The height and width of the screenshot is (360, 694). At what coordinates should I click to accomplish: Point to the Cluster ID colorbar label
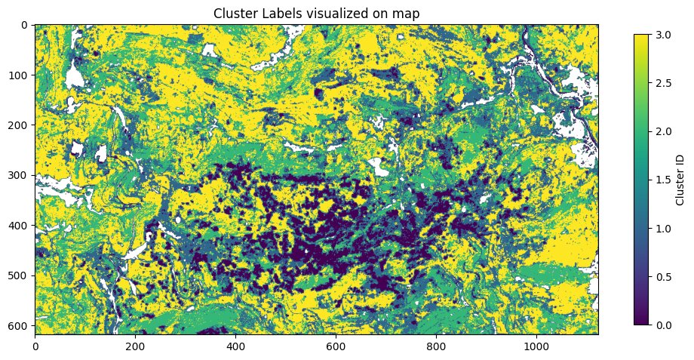click(x=680, y=180)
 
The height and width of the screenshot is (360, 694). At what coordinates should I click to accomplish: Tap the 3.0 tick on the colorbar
click(x=661, y=34)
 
